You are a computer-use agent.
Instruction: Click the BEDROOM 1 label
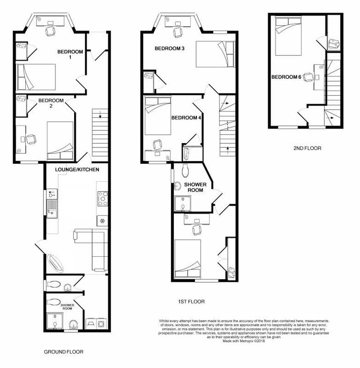(70, 54)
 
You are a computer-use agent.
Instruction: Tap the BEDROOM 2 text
(51, 100)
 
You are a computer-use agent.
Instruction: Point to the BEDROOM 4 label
(186, 118)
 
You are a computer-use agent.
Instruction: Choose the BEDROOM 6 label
(286, 77)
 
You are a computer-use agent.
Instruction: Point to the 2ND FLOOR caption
(307, 148)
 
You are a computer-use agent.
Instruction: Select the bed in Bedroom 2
(60, 140)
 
